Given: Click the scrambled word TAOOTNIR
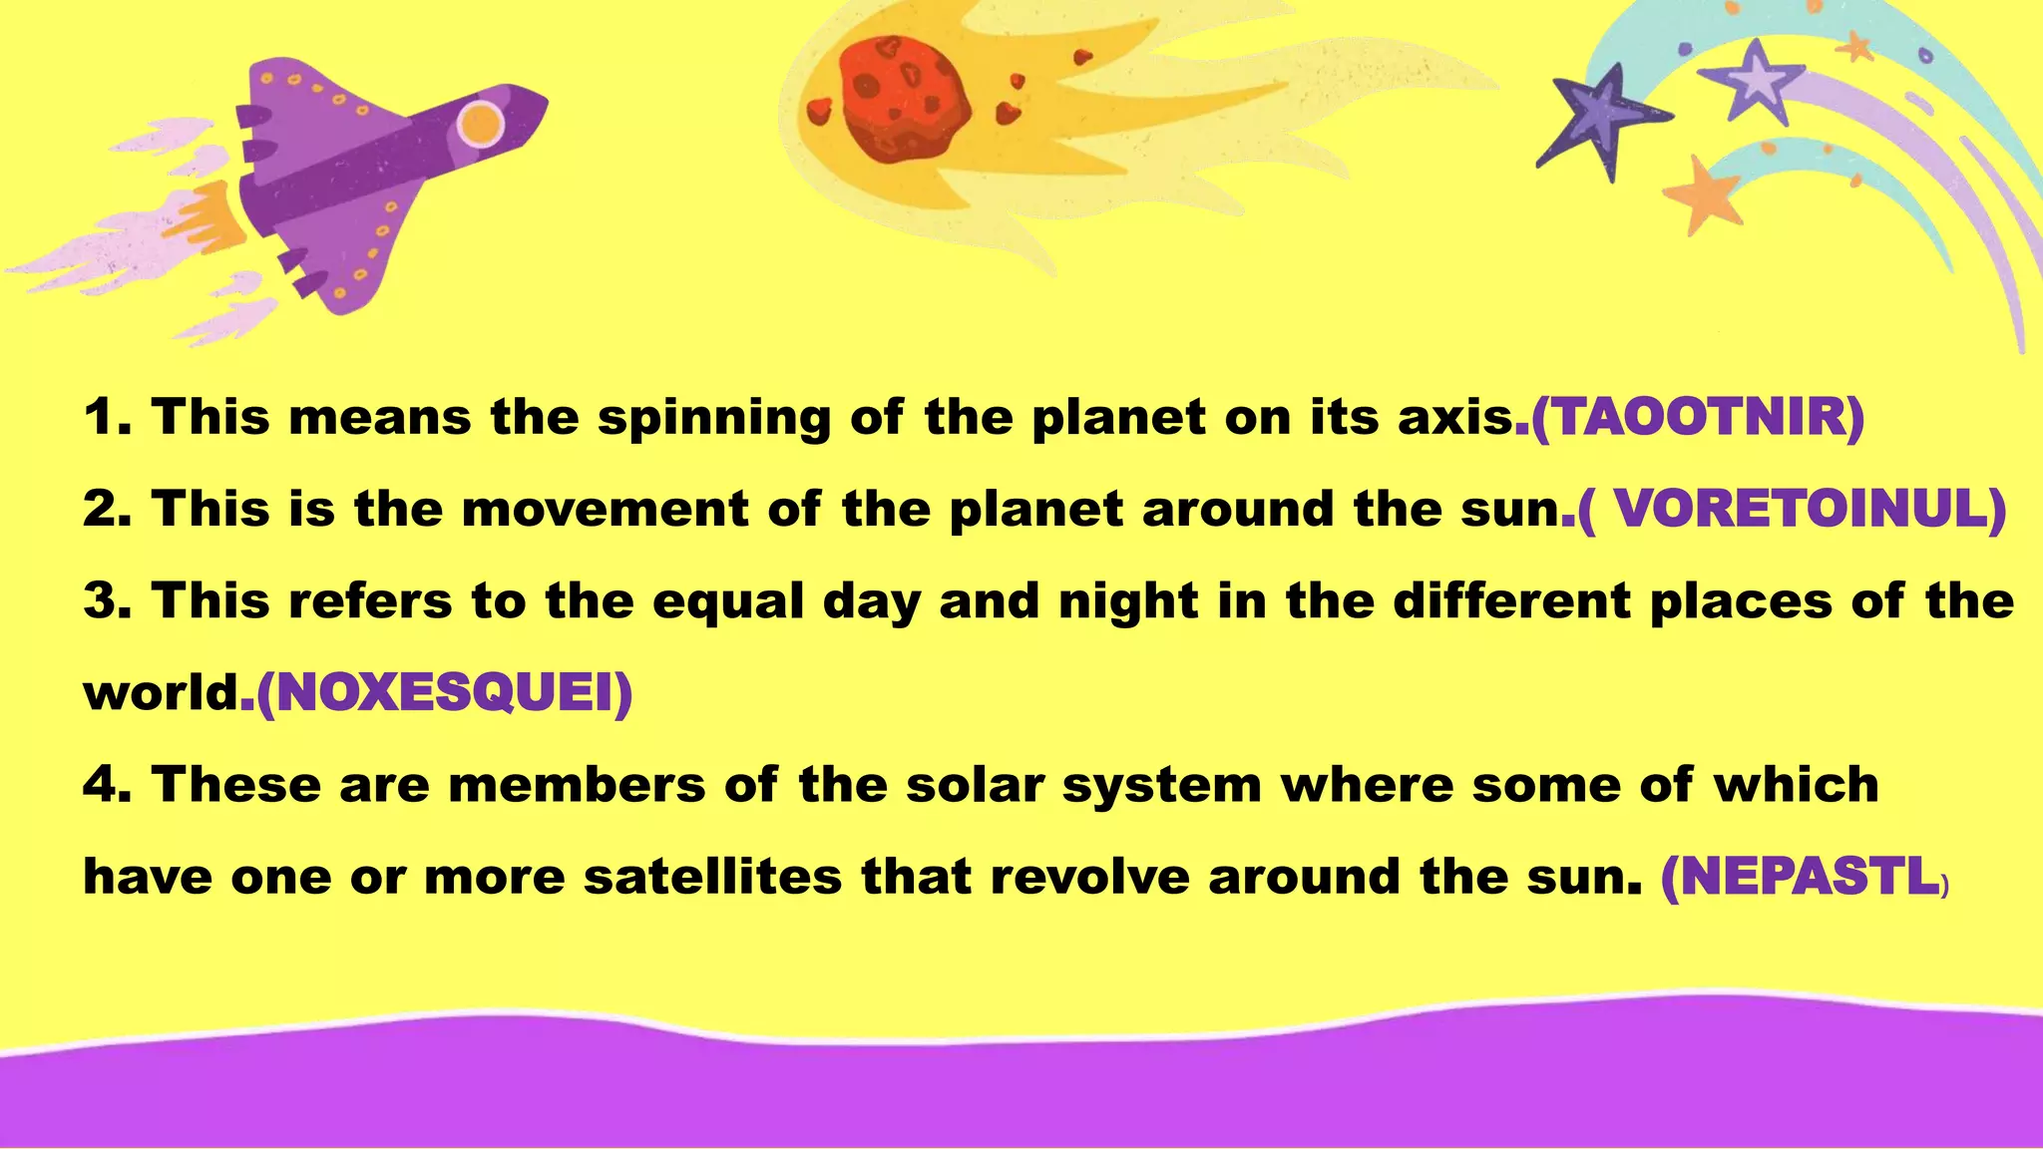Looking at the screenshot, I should pyautogui.click(x=1697, y=417).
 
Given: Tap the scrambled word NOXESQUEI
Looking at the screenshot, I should pyautogui.click(x=444, y=693).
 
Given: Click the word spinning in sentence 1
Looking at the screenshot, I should pyautogui.click(x=713, y=419).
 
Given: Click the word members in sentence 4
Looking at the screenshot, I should pyautogui.click(x=578, y=785).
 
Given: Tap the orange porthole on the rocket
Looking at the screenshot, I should pyautogui.click(x=481, y=124).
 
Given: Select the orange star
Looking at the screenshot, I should pyautogui.click(x=1708, y=195).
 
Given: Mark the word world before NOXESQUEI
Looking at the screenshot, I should pyautogui.click(x=161, y=693).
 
